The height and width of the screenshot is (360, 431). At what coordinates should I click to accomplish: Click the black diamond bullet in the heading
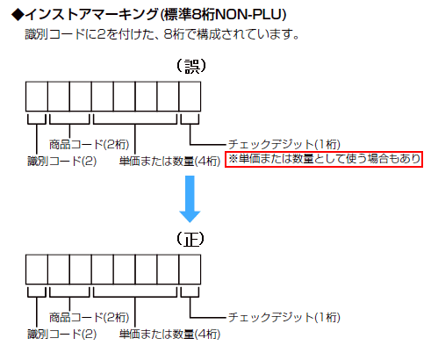pos(18,14)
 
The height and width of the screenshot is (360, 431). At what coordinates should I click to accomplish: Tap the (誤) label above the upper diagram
pos(191,66)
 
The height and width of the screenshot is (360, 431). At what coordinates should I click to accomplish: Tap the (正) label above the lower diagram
pos(190,239)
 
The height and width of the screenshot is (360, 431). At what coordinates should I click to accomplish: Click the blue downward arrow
pos(190,199)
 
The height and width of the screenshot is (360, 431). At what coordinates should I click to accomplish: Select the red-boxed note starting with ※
pos(324,159)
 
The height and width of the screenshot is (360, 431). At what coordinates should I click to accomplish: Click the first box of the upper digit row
pos(37,97)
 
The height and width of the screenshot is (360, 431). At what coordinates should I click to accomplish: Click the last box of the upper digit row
pos(190,97)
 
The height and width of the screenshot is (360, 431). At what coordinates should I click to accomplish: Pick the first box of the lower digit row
pos(37,270)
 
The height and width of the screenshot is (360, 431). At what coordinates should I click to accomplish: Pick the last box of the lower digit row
pos(190,270)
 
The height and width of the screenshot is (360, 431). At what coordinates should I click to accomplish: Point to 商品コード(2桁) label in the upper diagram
pos(89,144)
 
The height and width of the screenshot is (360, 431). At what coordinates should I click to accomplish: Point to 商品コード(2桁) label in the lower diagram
pos(89,317)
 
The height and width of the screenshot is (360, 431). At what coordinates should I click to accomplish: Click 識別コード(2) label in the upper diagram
pos(62,162)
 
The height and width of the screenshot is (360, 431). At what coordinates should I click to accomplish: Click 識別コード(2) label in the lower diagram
pos(62,335)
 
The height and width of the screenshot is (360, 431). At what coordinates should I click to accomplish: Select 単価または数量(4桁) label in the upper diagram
pos(169,162)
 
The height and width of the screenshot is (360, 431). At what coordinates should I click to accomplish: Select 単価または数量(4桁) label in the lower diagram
pos(169,335)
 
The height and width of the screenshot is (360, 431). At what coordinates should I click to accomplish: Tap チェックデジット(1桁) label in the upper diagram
pos(284,144)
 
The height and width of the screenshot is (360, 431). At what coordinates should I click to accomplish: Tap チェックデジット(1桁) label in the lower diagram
pos(284,317)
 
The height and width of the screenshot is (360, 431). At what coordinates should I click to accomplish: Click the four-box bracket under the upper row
pos(135,124)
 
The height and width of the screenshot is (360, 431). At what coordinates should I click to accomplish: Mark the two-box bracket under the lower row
pos(69,297)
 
